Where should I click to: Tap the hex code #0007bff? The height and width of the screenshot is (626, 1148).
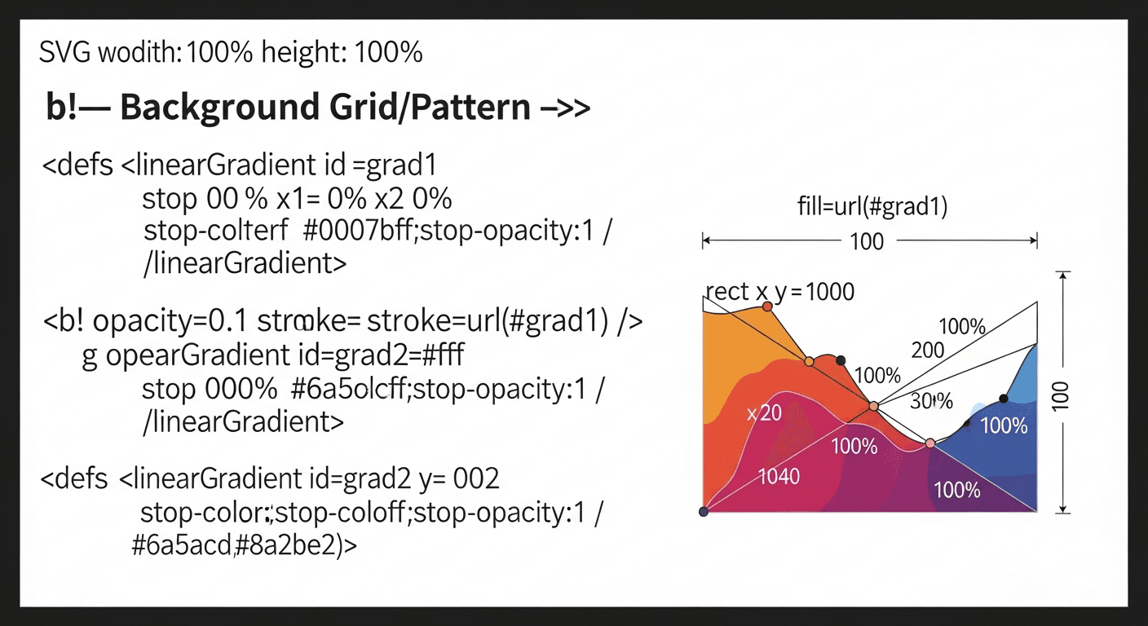pyautogui.click(x=358, y=231)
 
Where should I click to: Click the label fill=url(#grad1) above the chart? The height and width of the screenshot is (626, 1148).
pyautogui.click(x=872, y=206)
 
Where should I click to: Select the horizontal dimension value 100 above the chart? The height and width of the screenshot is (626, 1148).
pyautogui.click(x=867, y=241)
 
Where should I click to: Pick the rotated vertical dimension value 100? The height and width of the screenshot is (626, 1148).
pyautogui.click(x=1060, y=395)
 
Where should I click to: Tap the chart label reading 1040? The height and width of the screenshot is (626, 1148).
pyautogui.click(x=779, y=477)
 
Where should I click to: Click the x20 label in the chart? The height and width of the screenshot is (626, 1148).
pyautogui.click(x=764, y=413)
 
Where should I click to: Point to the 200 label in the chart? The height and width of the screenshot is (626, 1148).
pyautogui.click(x=928, y=350)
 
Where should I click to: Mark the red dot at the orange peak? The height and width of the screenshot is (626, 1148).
pyautogui.click(x=767, y=306)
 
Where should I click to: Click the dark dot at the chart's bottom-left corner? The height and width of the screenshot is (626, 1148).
pyautogui.click(x=704, y=511)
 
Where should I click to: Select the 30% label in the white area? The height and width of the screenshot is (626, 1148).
pyautogui.click(x=931, y=401)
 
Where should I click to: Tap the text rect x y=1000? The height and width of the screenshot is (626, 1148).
pyautogui.click(x=780, y=292)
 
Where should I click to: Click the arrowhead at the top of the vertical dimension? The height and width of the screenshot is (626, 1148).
pyautogui.click(x=1063, y=275)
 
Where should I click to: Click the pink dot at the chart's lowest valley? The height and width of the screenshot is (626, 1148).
pyautogui.click(x=930, y=443)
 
